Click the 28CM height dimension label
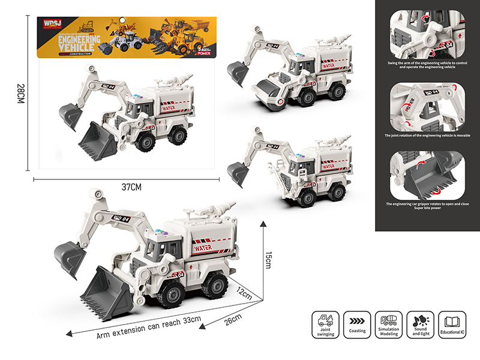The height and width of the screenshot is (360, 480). (20, 95)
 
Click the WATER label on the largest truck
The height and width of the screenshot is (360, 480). (204, 247)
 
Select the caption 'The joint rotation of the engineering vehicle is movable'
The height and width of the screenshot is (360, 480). (428, 136)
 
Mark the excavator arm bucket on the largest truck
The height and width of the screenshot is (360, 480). (70, 258)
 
